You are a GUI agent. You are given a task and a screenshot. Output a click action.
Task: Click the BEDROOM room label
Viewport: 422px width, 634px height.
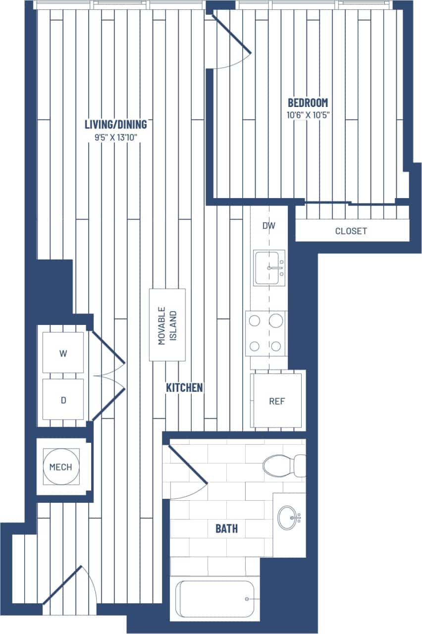point(308,103)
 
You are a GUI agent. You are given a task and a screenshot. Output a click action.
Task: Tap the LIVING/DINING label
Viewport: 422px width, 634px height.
point(115,124)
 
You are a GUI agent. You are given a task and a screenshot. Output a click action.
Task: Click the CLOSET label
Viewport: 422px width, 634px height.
point(351,231)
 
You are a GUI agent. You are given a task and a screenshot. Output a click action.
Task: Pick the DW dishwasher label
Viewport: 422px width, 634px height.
point(268,226)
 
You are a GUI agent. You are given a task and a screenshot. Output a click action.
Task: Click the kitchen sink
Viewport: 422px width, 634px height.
point(269,268)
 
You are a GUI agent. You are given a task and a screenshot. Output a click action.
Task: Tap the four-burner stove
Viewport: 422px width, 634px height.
point(265,333)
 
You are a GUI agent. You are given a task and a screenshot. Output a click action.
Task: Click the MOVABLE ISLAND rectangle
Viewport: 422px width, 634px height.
point(167,325)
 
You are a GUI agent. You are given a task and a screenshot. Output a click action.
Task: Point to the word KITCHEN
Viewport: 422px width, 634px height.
point(184,388)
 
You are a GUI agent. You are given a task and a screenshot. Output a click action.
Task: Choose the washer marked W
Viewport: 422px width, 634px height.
point(63,353)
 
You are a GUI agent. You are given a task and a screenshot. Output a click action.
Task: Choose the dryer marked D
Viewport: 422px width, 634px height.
point(63,400)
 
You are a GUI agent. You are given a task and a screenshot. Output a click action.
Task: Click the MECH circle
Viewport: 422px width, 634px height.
point(60,467)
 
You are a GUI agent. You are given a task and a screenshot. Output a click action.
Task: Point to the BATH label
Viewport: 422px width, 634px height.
point(226,528)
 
